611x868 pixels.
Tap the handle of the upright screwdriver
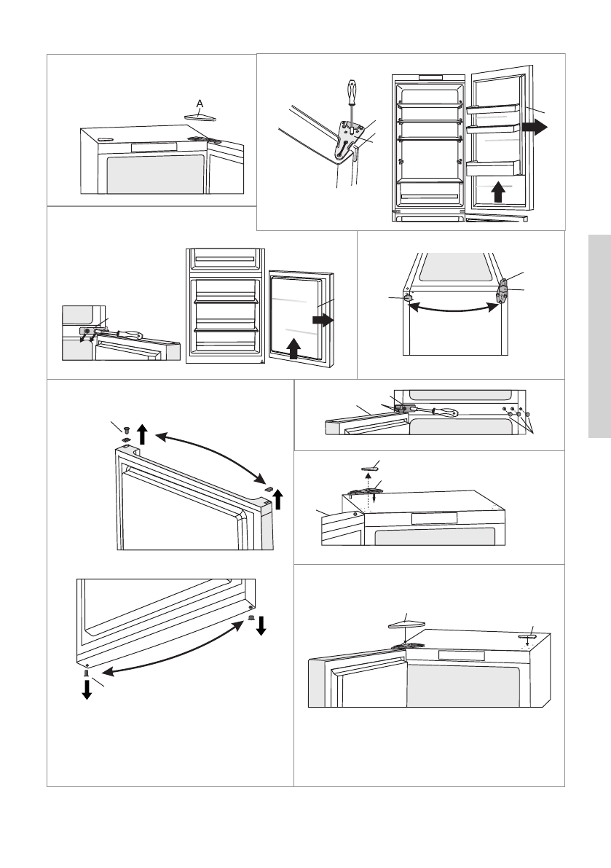tap(352, 92)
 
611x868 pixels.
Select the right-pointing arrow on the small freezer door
tap(323, 318)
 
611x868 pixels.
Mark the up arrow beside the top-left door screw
tap(143, 434)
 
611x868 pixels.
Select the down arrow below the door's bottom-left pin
tap(87, 690)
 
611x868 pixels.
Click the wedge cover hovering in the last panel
tap(407, 622)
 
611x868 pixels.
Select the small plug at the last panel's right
tap(527, 637)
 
